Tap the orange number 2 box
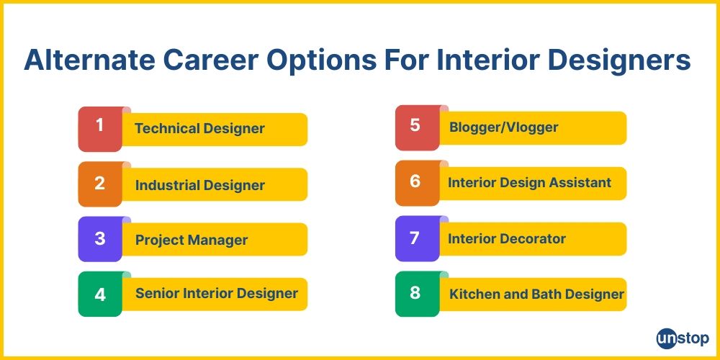tap(100, 184)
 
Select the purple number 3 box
tap(100, 239)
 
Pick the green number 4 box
tap(100, 294)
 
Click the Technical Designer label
tap(199, 129)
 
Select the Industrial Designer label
tap(200, 185)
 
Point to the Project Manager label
tap(192, 240)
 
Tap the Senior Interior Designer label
tap(216, 293)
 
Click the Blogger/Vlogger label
tap(503, 127)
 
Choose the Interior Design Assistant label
tap(529, 183)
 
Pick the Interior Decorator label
tap(507, 238)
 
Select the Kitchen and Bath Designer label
tap(536, 294)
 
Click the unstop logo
tap(682, 338)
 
